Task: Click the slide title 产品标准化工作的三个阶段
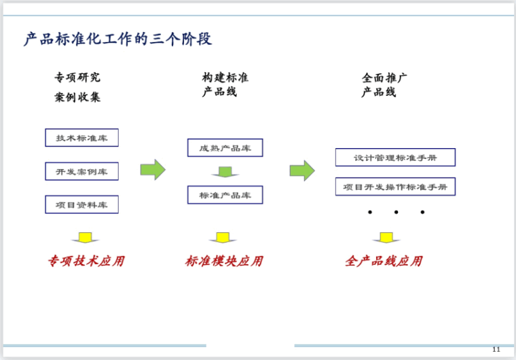tap(117, 39)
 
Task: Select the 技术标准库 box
tap(81, 137)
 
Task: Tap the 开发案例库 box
tap(81, 171)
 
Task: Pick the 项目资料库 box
tap(81, 204)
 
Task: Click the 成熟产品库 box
tap(225, 147)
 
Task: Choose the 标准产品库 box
tap(225, 195)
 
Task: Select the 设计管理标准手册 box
tap(394, 158)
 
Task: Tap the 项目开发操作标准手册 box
tap(394, 187)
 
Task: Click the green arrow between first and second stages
tap(153, 169)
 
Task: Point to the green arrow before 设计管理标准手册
tap(302, 170)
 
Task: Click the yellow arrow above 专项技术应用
tap(85, 238)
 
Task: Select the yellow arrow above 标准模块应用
tap(222, 238)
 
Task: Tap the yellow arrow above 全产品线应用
tap(386, 238)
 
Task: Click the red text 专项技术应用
tap(86, 261)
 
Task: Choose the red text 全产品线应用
tap(384, 261)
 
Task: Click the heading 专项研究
tap(77, 77)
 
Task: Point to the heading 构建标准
tap(225, 77)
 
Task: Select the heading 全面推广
tap(384, 78)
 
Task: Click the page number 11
tap(496, 349)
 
